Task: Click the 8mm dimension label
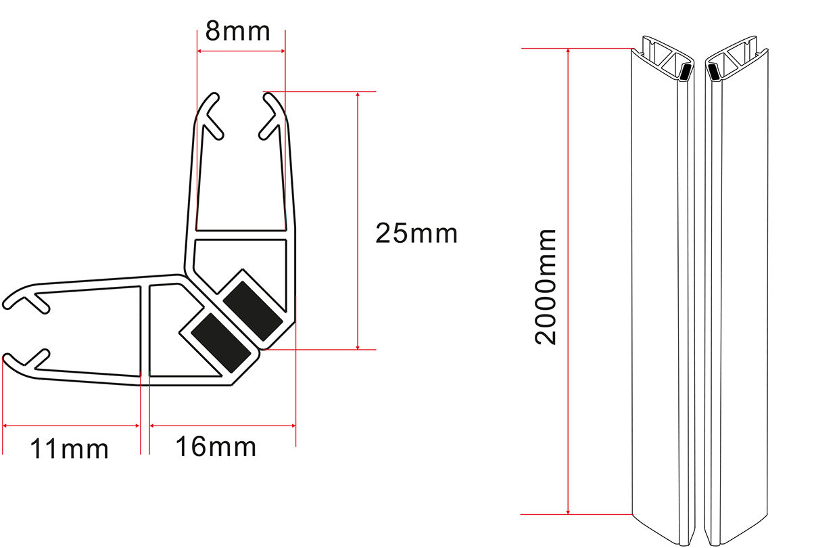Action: [237, 31]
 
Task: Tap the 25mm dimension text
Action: [416, 233]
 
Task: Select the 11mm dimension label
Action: [70, 449]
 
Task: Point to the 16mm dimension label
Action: [216, 447]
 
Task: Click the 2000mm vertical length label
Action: [546, 287]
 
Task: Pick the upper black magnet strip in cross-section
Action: [253, 311]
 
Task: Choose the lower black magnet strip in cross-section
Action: [220, 343]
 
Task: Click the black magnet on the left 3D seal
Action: [685, 72]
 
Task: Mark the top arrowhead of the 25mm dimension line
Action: [358, 95]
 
